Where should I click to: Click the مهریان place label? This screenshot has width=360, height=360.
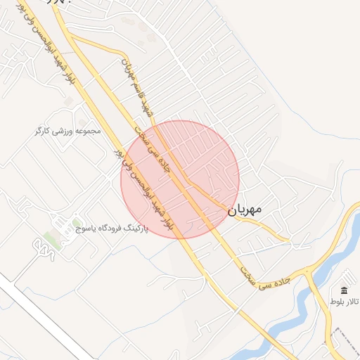[x=245, y=209]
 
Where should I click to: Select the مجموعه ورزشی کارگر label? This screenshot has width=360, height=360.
[x=68, y=131]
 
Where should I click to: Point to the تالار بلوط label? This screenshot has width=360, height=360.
[x=345, y=302]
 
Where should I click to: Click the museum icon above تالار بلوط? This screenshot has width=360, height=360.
[x=344, y=291]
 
